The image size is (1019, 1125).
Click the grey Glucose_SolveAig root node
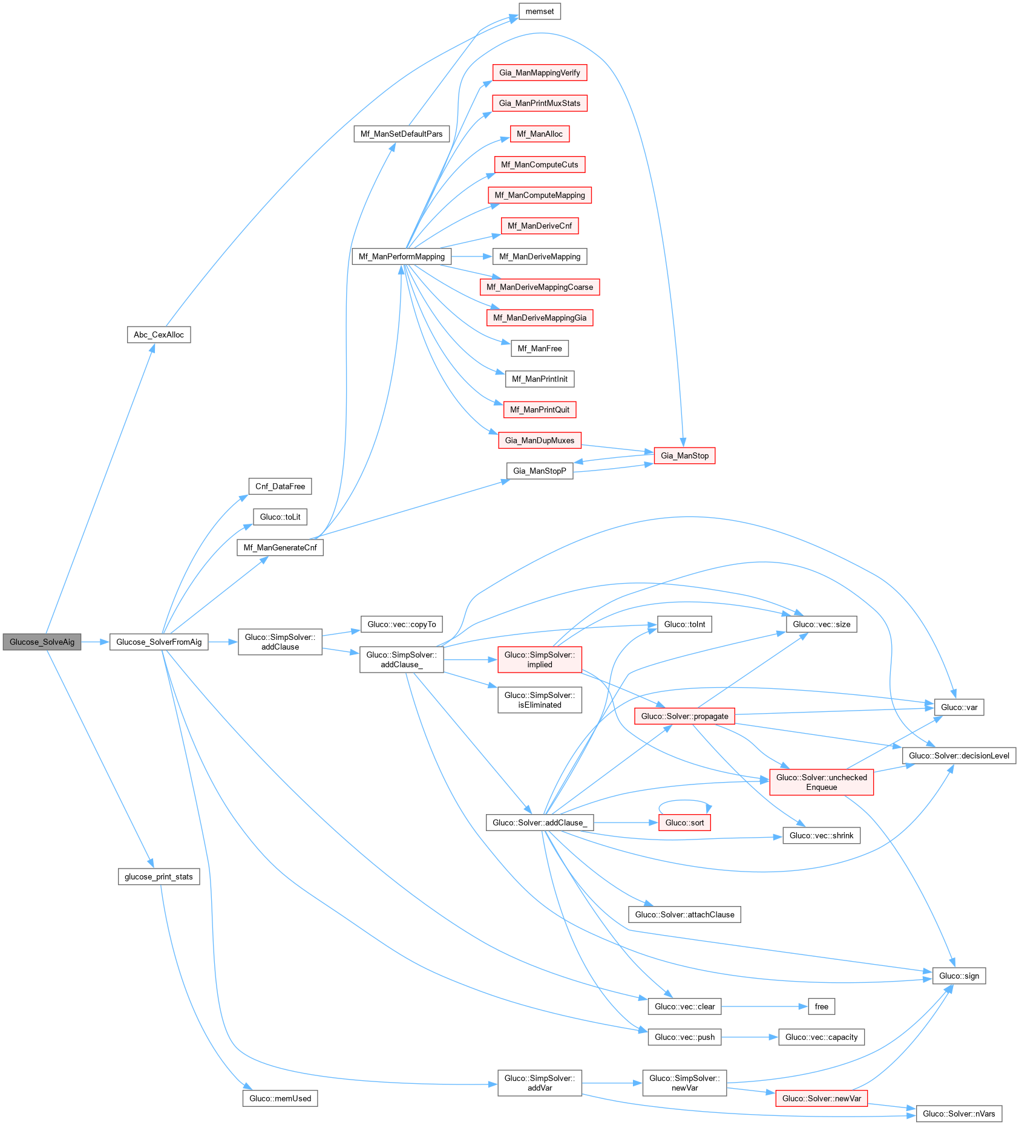tap(42, 642)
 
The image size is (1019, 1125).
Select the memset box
tap(539, 11)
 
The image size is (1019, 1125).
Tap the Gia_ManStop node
tap(684, 455)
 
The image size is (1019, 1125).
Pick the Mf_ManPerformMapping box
tap(401, 256)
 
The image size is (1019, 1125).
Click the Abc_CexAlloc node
tap(159, 334)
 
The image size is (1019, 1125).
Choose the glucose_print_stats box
tap(159, 876)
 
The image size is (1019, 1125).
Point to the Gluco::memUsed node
tap(280, 1098)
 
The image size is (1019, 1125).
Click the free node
tap(821, 1006)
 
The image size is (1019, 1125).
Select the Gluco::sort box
tap(684, 823)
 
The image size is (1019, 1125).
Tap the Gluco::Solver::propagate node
tap(684, 716)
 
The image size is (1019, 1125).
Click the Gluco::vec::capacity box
tap(821, 1037)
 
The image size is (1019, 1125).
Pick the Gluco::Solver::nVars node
tap(958, 1114)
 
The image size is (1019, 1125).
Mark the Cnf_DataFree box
tap(280, 486)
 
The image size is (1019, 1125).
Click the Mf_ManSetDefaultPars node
tap(401, 134)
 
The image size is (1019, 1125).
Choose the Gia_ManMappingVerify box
tap(539, 73)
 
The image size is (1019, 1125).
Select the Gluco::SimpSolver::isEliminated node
tap(539, 700)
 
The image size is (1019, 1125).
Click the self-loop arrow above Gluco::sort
tap(684, 801)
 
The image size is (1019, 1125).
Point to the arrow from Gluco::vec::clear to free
tap(764, 1006)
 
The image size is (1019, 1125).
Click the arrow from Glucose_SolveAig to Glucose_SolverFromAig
tap(95, 642)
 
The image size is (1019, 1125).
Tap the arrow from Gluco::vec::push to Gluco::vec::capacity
tap(749, 1037)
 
